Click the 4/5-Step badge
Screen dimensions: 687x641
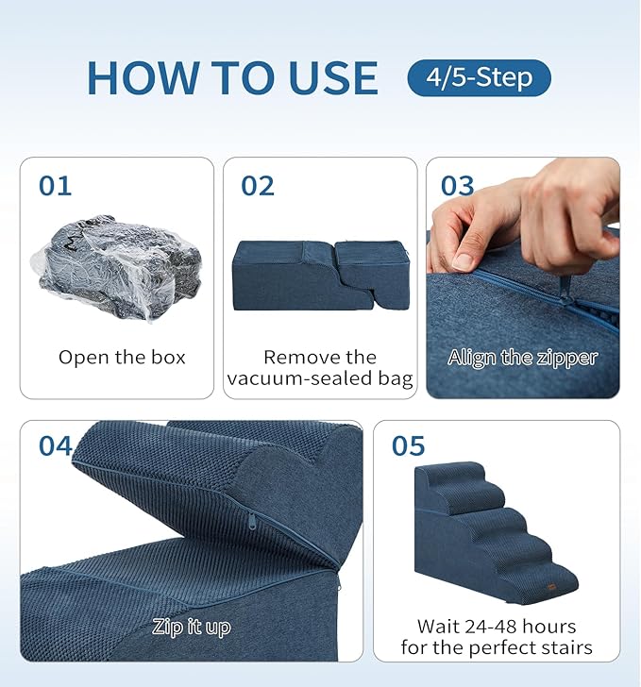(479, 77)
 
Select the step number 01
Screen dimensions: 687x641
(55, 186)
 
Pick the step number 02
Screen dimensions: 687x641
(258, 186)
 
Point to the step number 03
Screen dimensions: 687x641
(458, 186)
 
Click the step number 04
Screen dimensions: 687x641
(56, 445)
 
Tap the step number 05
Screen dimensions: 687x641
(408, 445)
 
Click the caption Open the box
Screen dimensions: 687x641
(122, 358)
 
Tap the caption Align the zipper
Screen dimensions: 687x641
(522, 358)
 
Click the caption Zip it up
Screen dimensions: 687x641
(192, 627)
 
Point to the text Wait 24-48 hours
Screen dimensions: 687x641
(497, 627)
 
